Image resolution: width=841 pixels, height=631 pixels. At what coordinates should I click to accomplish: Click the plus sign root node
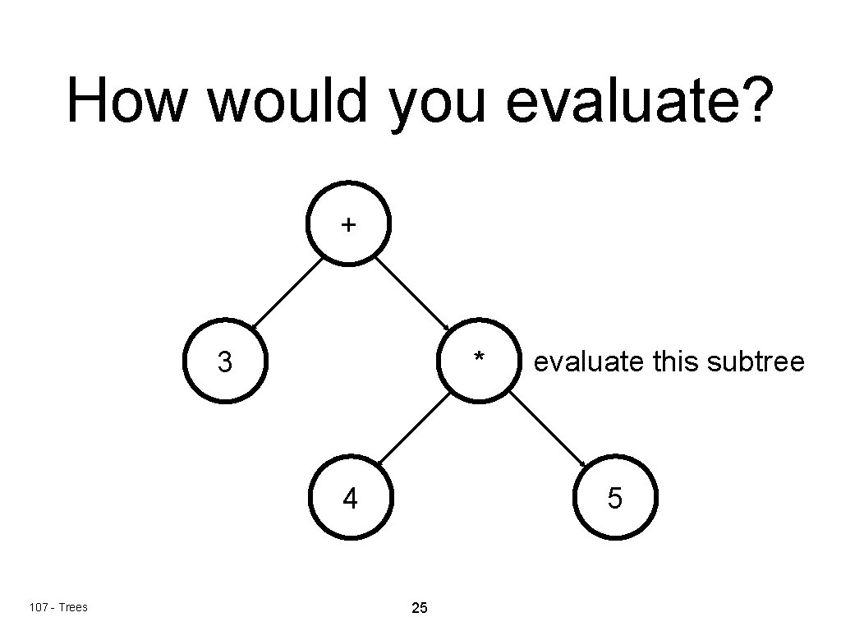349,223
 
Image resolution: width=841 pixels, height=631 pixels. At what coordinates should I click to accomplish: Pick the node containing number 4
351,497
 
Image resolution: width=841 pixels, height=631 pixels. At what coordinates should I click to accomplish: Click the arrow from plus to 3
287,293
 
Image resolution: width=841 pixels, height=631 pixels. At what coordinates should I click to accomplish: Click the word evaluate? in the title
641,101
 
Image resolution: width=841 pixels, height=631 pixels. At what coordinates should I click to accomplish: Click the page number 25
419,609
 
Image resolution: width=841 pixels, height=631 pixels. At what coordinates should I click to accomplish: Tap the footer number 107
37,607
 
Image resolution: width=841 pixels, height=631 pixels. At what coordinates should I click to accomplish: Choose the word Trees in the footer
73,607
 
